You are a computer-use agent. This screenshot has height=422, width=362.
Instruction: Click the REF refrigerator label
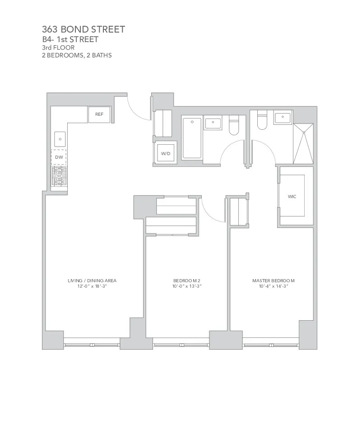point(99,114)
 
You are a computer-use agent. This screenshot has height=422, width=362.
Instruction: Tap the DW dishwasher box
point(59,157)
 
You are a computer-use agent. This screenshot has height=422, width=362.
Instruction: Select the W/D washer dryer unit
point(166,154)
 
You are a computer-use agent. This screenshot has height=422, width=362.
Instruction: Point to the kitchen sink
point(60,138)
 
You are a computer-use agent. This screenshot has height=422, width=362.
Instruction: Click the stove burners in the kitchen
point(59,176)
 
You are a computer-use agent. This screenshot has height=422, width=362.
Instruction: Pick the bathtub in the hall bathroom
point(192,138)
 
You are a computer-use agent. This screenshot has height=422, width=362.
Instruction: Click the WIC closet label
point(292,196)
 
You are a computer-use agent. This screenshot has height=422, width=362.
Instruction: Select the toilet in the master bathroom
point(262,121)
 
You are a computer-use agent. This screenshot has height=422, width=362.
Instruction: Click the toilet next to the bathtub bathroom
point(233,125)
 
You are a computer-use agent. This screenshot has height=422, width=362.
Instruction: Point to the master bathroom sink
point(283,118)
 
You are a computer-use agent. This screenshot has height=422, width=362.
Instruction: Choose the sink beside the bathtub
point(213,123)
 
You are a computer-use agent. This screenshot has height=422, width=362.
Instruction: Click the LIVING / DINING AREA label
point(92,280)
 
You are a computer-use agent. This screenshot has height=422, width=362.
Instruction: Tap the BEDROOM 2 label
point(186,280)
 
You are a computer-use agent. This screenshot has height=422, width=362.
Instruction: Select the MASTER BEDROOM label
point(273,280)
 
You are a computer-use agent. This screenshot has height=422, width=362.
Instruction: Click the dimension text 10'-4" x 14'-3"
point(273,286)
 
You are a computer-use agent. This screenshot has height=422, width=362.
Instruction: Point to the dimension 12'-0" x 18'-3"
point(92,286)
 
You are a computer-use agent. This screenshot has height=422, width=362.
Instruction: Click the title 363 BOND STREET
point(84,30)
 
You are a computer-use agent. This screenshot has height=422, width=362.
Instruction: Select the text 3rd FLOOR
point(58,47)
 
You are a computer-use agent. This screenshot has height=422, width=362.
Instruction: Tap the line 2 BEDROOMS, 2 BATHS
point(77,56)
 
